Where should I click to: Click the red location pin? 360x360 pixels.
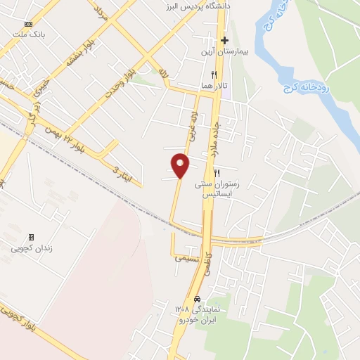pos(181,165)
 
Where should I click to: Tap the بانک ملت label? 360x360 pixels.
pos(28,34)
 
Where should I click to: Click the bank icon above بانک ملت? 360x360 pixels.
pos(28,24)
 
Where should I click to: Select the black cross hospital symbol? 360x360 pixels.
pos(224,40)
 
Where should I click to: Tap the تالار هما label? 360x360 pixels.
pos(214,84)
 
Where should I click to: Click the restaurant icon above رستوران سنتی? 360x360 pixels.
pos(217,173)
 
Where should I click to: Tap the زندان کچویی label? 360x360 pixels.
pos(30,248)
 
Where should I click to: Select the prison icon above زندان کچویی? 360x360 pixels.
pos(30,238)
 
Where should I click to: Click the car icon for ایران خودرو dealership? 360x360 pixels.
pos(197,298)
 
